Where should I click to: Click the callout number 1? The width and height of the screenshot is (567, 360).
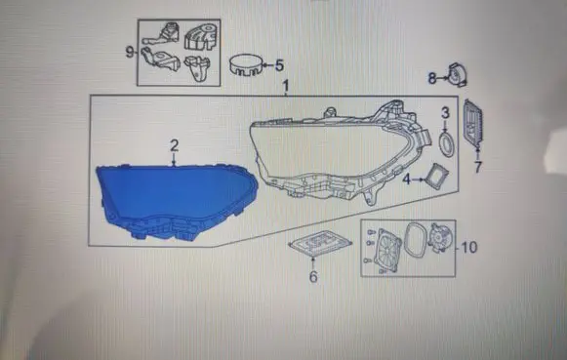pos(286,87)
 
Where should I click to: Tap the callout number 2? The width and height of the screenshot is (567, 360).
pos(175,145)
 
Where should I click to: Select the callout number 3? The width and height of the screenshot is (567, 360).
pos(445,113)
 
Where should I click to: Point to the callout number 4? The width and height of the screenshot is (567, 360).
pos(407,179)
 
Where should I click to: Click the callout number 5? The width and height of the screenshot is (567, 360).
pos(279,65)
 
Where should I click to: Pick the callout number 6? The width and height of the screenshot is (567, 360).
pos(313,276)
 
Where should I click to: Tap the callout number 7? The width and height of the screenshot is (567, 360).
pos(478,167)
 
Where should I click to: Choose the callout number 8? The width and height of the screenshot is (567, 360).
pos(432,78)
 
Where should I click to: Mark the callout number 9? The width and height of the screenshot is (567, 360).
pos(130,52)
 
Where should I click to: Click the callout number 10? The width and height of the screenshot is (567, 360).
pos(469,247)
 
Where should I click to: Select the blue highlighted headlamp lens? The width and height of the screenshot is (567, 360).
pos(176,201)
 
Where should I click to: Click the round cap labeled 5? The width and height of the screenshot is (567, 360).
pos(246,65)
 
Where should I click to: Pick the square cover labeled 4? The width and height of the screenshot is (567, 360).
pos(437,176)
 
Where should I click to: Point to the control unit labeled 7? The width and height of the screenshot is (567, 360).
pos(473,124)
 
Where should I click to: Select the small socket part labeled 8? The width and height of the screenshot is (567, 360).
pos(457,75)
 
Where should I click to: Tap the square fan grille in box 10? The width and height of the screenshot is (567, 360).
pos(387,250)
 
